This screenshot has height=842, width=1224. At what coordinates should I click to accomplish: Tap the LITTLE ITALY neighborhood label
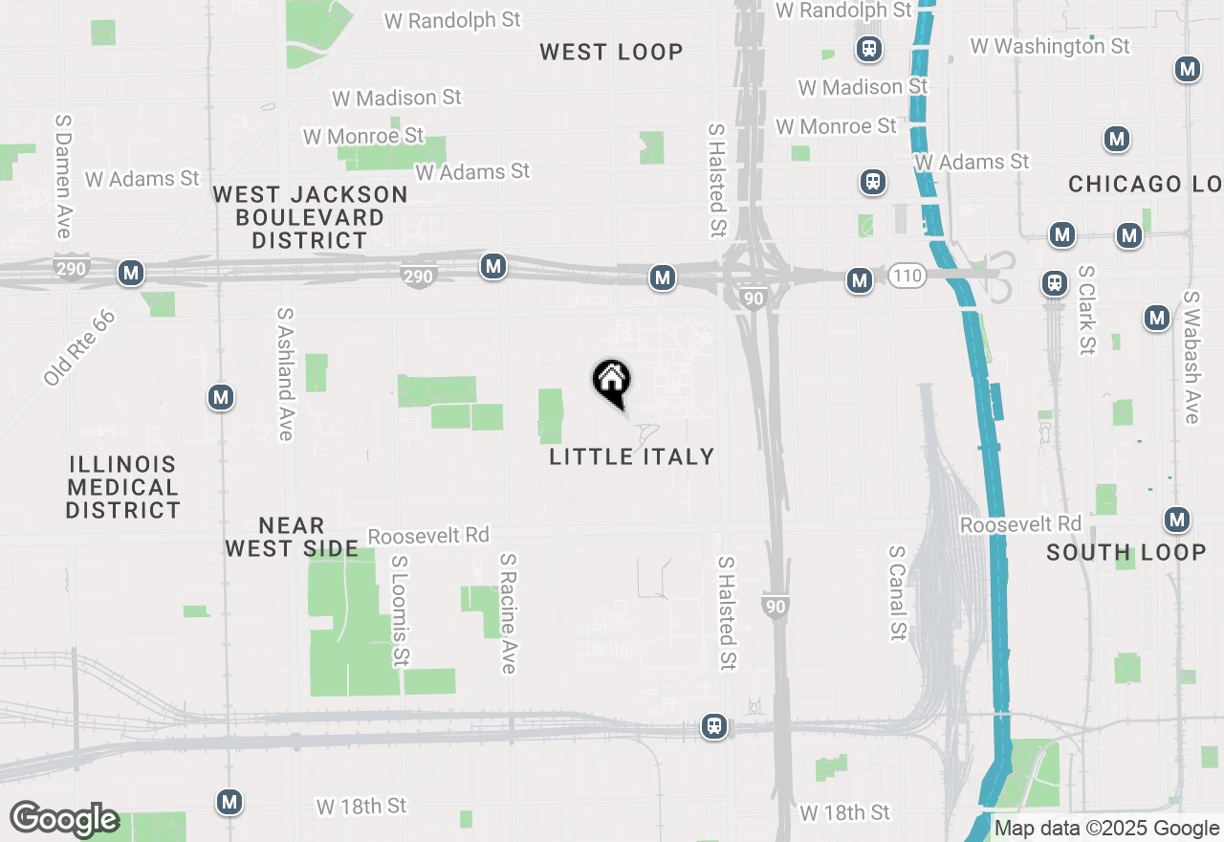pos(632,456)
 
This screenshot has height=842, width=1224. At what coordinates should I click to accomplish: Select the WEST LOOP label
pos(611,52)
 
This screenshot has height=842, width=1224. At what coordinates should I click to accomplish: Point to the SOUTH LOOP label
pos(1126,552)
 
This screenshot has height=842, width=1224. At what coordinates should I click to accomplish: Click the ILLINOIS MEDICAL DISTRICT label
pos(123,487)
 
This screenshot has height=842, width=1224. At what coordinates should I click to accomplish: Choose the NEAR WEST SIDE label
pos(292,537)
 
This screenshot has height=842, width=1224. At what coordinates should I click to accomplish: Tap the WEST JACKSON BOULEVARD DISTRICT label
pos(310,217)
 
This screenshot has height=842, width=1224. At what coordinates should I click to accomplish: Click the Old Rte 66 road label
pos(79,347)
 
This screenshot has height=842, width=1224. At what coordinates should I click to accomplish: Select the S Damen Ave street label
pos(64,177)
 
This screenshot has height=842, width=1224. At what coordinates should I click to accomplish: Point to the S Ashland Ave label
pos(285,374)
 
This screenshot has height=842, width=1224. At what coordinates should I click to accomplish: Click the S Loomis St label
pos(401,610)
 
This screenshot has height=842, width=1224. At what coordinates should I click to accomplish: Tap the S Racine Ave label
pos(508,612)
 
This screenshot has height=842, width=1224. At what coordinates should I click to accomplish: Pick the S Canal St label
pos(897,593)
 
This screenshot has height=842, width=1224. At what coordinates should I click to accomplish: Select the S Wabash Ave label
pos(1191,357)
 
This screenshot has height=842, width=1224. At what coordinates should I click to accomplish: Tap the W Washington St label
pos(1049,46)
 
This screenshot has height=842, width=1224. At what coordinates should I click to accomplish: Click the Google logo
pos(64,819)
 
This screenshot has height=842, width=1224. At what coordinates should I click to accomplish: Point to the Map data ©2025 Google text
pos(1106,829)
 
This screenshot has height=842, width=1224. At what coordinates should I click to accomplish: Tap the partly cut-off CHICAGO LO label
pos(1145,184)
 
